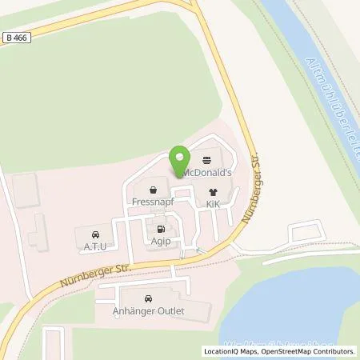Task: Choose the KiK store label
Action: pos(213,206)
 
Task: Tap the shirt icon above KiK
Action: pos(213,192)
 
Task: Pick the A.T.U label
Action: pos(95,249)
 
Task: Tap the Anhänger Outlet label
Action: pos(149,312)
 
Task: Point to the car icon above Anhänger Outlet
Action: pos(149,298)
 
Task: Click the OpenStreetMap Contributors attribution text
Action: pos(305,350)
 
